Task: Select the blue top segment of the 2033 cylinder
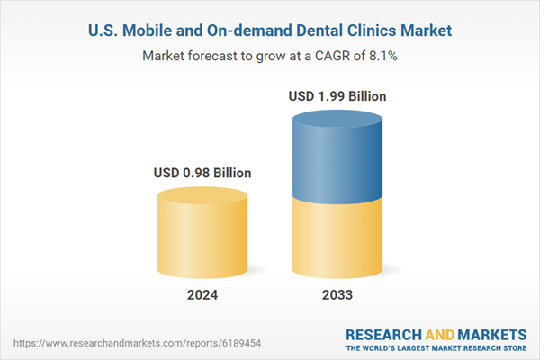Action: click(x=338, y=158)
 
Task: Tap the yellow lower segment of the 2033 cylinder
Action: click(x=338, y=238)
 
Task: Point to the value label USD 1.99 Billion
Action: click(x=338, y=94)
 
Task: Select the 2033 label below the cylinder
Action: click(x=338, y=295)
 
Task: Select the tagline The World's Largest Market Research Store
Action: click(x=437, y=346)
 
